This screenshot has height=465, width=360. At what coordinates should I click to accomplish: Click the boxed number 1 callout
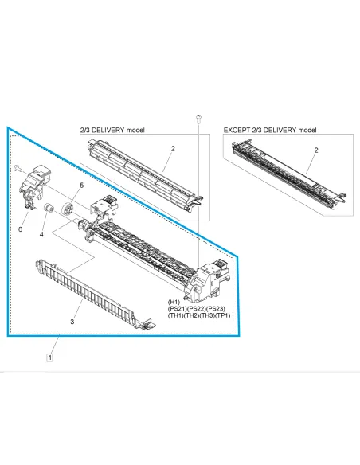(x=50, y=358)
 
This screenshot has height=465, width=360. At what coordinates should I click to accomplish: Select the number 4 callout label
(x=42, y=233)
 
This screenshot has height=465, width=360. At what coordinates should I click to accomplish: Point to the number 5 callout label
(x=80, y=186)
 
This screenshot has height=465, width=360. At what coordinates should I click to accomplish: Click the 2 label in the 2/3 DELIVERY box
(x=173, y=149)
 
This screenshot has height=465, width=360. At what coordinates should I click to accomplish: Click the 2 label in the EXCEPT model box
(x=316, y=150)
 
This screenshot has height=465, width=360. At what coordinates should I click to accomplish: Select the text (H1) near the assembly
(x=174, y=302)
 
